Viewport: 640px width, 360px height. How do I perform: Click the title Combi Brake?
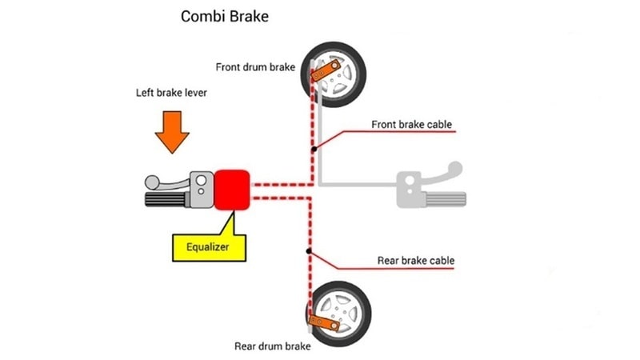tap(223, 16)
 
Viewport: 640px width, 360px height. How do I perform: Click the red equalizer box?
tap(233, 190)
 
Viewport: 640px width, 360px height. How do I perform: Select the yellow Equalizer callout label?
tap(209, 246)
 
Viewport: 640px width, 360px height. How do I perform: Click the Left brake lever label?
tap(171, 94)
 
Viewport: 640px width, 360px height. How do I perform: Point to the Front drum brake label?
tap(256, 66)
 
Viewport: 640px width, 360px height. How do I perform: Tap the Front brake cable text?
tap(412, 125)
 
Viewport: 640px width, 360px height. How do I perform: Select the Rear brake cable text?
tap(415, 261)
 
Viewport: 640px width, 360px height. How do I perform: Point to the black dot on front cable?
tap(315, 149)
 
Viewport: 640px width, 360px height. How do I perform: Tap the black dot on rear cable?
tap(310, 252)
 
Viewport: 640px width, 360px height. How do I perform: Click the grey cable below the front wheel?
tap(321, 136)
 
